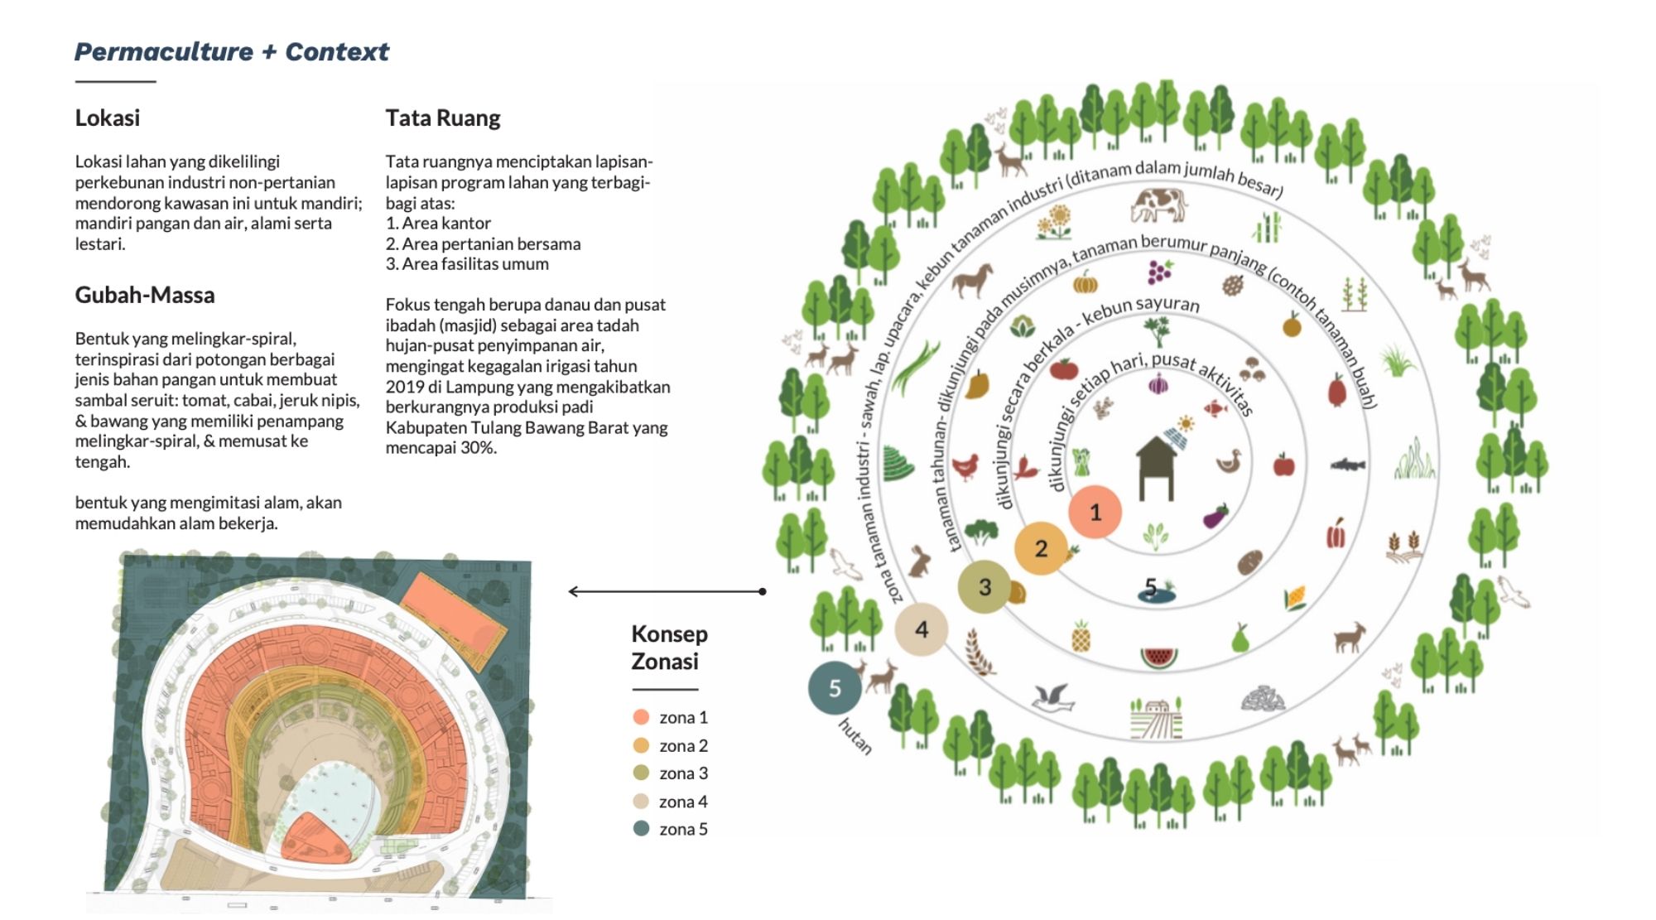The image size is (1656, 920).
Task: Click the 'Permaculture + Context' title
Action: pos(232,52)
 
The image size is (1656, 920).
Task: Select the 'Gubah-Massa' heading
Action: pos(145,295)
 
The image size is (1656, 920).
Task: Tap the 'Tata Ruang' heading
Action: pos(443,118)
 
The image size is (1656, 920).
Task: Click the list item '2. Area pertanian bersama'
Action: pos(484,243)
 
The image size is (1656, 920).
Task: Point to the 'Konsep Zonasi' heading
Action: pos(669,648)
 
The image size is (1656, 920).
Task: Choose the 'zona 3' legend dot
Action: pos(641,773)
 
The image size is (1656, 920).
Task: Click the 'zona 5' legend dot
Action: pos(641,829)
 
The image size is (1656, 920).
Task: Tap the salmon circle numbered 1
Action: pos(1095,513)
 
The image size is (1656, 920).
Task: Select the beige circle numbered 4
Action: pos(922,630)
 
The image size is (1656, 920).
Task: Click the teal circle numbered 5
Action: pos(835,688)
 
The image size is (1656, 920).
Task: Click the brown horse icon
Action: pos(972,280)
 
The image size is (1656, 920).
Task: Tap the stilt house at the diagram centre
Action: pos(1157,468)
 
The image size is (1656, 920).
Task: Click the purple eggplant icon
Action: pos(1216,517)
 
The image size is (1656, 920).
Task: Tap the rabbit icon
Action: pos(919,561)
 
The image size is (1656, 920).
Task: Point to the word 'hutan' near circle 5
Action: pos(855,737)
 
